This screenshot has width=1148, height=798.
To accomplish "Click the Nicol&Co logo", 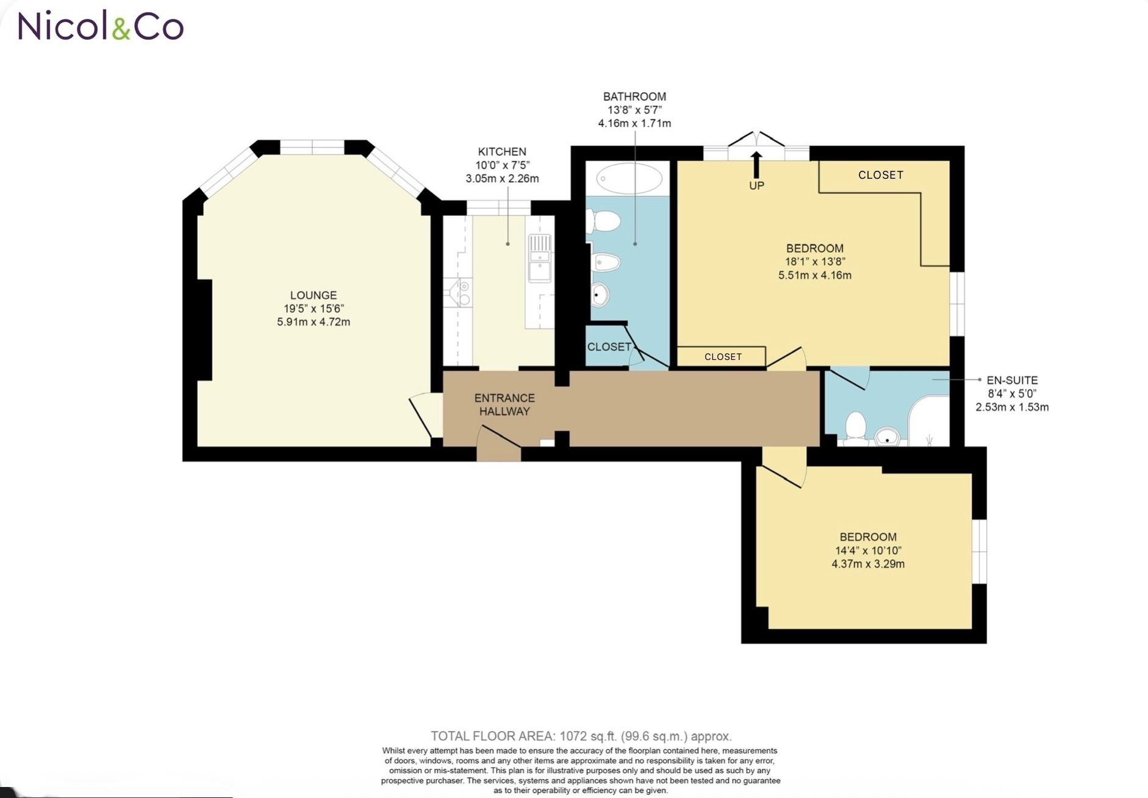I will click(101, 26).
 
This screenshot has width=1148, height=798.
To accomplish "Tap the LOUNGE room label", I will click(313, 295).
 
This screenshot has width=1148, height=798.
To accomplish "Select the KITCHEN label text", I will click(501, 152).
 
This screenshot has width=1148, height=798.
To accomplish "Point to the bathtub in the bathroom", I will click(629, 178).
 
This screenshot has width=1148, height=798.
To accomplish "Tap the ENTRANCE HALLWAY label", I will click(504, 404).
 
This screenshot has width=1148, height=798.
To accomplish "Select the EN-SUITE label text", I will click(1011, 380).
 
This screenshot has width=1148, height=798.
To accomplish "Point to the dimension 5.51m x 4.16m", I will click(814, 275).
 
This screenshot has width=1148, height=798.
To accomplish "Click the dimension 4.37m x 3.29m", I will click(867, 564).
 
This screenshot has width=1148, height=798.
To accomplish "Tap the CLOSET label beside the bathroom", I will click(609, 347).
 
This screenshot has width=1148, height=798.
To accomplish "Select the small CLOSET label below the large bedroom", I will click(723, 357).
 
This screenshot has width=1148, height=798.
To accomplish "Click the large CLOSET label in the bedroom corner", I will click(880, 175).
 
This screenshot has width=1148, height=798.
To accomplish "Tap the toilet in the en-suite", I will click(855, 425).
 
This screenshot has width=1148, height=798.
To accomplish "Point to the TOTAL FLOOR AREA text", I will click(581, 736).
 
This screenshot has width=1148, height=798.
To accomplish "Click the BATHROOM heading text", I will click(634, 96).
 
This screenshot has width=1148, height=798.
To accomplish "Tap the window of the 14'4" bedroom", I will click(978, 551).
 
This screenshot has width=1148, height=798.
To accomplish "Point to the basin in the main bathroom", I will click(600, 295).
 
